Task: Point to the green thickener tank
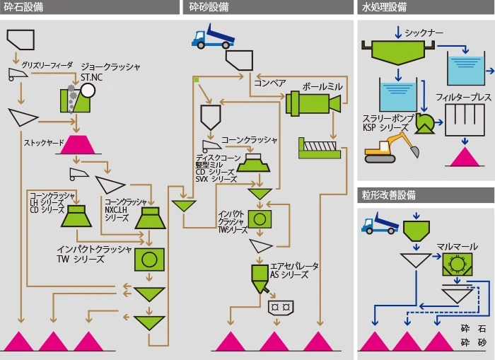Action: [x=400, y=51]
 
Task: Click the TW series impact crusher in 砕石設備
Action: [x=149, y=259]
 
